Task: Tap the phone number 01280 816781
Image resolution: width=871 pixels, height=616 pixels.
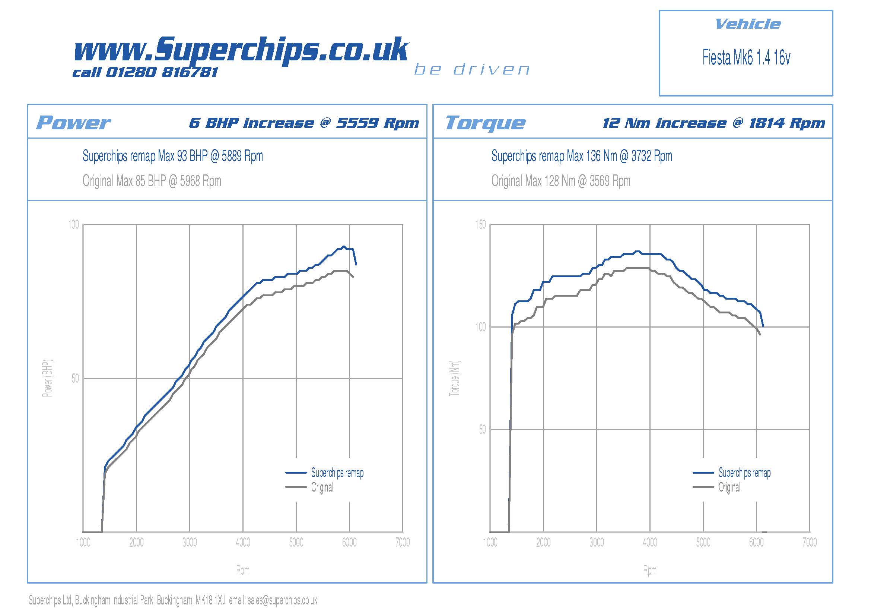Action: coord(162,72)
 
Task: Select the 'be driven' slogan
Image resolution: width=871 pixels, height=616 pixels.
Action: coord(471,69)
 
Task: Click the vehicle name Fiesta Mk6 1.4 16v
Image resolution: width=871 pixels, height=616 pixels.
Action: coord(746,58)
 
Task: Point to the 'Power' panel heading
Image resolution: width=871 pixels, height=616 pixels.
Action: coord(73,123)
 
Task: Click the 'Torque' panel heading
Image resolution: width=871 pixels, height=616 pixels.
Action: coord(485,123)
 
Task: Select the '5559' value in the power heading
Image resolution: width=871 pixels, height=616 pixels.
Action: coord(357,123)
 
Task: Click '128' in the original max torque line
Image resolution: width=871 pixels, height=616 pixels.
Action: coord(550,181)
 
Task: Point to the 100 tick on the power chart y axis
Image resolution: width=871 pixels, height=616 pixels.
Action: coord(74,225)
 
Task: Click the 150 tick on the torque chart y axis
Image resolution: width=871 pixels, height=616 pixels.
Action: coord(480,225)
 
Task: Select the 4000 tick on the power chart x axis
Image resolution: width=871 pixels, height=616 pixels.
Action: coord(243,542)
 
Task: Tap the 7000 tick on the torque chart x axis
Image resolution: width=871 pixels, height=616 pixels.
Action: coord(809,542)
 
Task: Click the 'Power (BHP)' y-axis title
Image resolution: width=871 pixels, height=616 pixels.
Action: coord(48,378)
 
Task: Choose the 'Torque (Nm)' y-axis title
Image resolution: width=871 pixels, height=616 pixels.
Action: coord(454,378)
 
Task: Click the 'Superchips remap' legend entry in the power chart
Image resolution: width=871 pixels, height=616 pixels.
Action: coord(337,473)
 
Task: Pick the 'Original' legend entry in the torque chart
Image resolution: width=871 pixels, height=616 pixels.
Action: coord(729,487)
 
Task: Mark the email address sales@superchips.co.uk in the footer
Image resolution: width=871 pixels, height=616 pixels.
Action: coord(282,600)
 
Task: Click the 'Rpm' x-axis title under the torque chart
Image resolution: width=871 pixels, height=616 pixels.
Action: coord(649,570)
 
